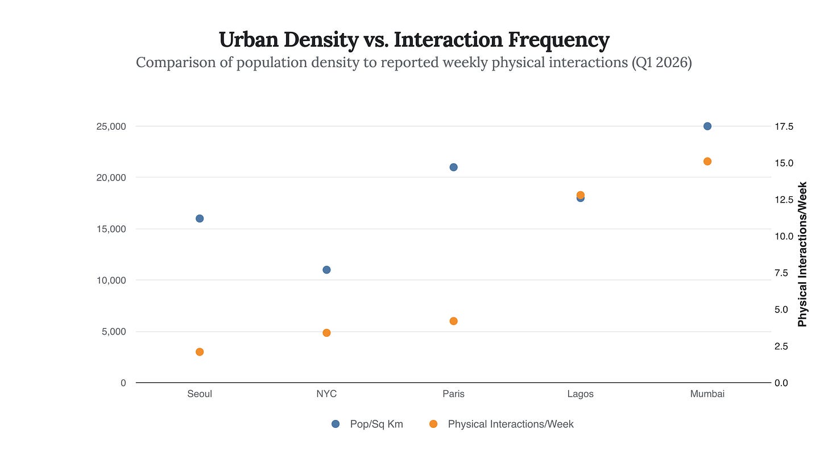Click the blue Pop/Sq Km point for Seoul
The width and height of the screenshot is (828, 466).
pyautogui.click(x=200, y=218)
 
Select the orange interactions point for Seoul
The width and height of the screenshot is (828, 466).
pyautogui.click(x=200, y=352)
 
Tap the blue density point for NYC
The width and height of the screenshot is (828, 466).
pyautogui.click(x=326, y=270)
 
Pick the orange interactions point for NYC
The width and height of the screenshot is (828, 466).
pyautogui.click(x=326, y=333)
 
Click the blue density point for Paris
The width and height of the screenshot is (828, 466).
pyautogui.click(x=453, y=167)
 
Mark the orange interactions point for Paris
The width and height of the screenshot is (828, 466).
pyautogui.click(x=453, y=321)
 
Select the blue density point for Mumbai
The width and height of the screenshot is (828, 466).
pyautogui.click(x=707, y=126)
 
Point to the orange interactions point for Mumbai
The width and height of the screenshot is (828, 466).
pyautogui.click(x=707, y=162)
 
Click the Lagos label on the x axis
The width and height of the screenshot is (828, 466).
pyautogui.click(x=580, y=394)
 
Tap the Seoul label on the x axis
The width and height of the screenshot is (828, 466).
pyautogui.click(x=200, y=394)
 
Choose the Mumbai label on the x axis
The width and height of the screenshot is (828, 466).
pyautogui.click(x=707, y=394)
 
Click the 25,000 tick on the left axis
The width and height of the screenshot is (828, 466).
pyautogui.click(x=111, y=126)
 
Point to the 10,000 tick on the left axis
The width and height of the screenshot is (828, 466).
pyautogui.click(x=111, y=281)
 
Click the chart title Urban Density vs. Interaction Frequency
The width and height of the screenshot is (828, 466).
pyautogui.click(x=414, y=40)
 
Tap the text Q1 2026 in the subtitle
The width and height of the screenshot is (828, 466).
pyautogui.click(x=662, y=62)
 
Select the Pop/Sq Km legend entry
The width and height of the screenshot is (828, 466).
pyautogui.click(x=367, y=424)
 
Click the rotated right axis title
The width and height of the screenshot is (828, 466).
pyautogui.click(x=802, y=254)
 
